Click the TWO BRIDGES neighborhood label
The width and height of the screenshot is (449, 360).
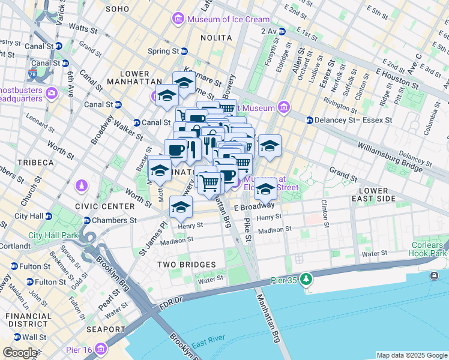186,264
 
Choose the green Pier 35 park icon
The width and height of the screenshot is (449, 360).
307,278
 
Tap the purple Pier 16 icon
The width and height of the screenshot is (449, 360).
100,348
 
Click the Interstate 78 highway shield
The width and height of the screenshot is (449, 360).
32,75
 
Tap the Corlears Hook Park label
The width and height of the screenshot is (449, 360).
428,249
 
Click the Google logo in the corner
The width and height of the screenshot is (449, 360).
20,353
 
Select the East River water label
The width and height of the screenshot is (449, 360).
208,339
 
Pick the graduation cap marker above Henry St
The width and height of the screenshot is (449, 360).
181,207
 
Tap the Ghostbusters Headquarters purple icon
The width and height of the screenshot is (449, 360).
51,93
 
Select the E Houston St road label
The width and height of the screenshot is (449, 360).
396,71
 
